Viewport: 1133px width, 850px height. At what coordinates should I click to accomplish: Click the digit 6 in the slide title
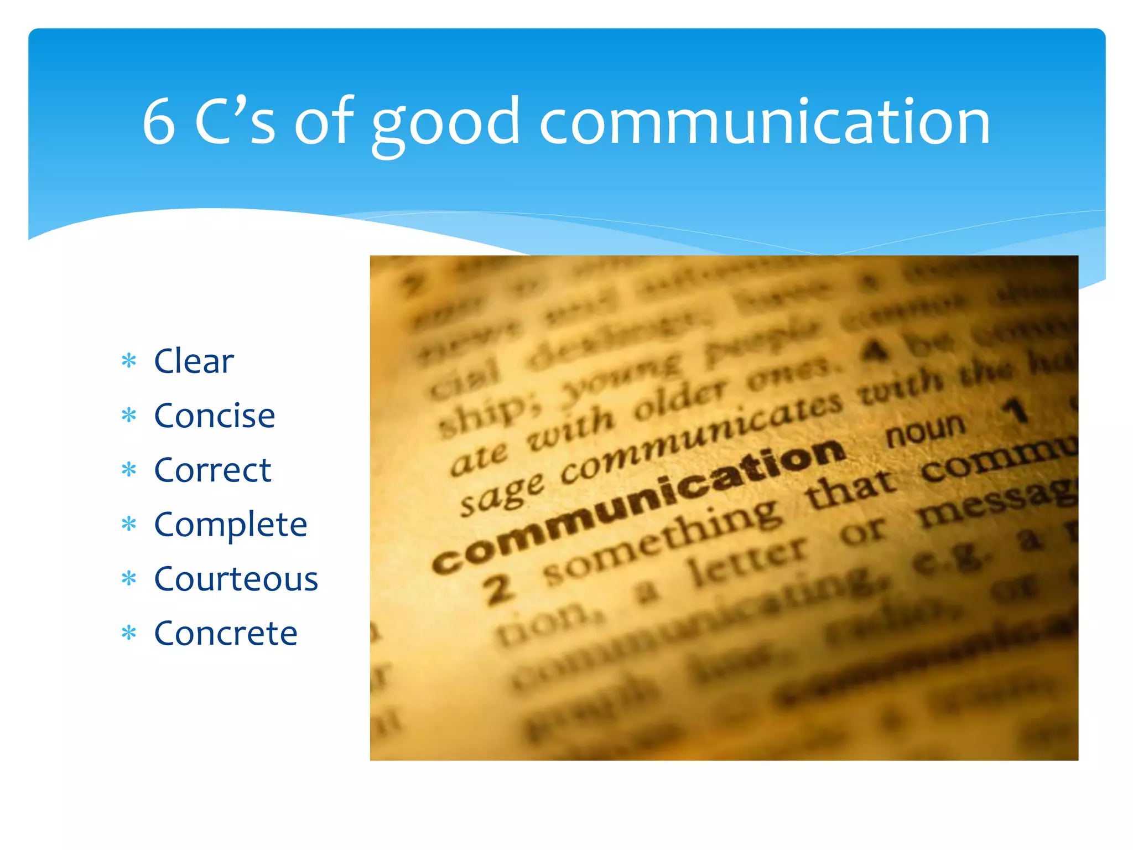[x=159, y=122]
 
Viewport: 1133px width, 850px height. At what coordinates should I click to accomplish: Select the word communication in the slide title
[x=765, y=122]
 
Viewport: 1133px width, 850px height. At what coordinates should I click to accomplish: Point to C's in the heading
[x=235, y=122]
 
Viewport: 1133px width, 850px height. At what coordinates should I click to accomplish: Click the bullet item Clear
[x=194, y=361]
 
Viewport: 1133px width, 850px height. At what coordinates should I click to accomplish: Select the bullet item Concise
[x=214, y=416]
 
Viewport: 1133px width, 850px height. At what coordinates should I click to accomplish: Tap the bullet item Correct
[x=212, y=470]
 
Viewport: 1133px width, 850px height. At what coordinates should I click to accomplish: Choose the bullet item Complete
[x=230, y=525]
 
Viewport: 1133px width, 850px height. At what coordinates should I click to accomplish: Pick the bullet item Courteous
[x=236, y=579]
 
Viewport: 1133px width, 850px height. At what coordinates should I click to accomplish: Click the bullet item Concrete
[x=226, y=634]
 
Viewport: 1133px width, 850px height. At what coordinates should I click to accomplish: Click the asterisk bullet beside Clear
[x=129, y=361]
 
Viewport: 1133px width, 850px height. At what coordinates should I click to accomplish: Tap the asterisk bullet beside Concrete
[x=129, y=633]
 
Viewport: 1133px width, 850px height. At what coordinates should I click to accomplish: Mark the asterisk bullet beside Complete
[x=129, y=524]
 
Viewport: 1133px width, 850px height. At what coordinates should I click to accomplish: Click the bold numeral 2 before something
[x=499, y=590]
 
